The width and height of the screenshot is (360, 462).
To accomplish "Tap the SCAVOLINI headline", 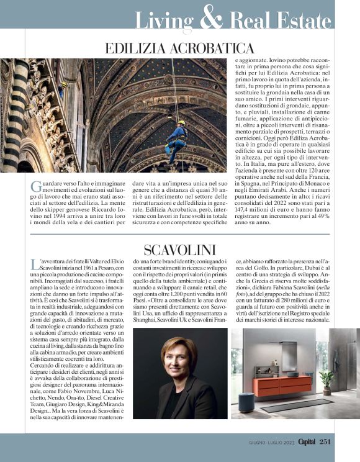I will [180, 251].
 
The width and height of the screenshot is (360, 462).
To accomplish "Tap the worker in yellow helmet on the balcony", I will [63, 88].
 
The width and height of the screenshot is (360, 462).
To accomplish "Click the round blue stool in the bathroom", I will [246, 402].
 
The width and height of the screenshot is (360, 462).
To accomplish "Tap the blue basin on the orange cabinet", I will [291, 374].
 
